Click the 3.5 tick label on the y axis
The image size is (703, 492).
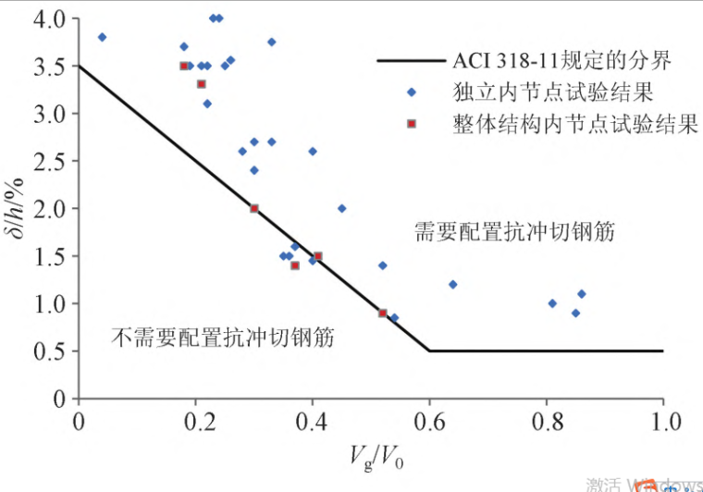coord(52,67)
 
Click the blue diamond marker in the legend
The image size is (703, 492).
coord(412,92)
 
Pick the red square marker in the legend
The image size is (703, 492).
coord(412,123)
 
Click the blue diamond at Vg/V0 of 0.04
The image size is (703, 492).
coord(102,37)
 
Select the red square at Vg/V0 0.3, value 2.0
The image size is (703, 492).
coord(254,209)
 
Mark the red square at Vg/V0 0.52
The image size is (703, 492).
coord(383,313)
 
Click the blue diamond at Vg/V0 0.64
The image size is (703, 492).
coord(452,284)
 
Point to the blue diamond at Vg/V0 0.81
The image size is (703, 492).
coord(552,303)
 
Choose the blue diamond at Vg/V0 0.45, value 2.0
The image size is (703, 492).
coord(341,208)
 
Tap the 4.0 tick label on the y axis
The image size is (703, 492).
coord(52,18)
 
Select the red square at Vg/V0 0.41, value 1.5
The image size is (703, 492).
coord(318,256)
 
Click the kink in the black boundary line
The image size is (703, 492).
coord(429,351)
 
